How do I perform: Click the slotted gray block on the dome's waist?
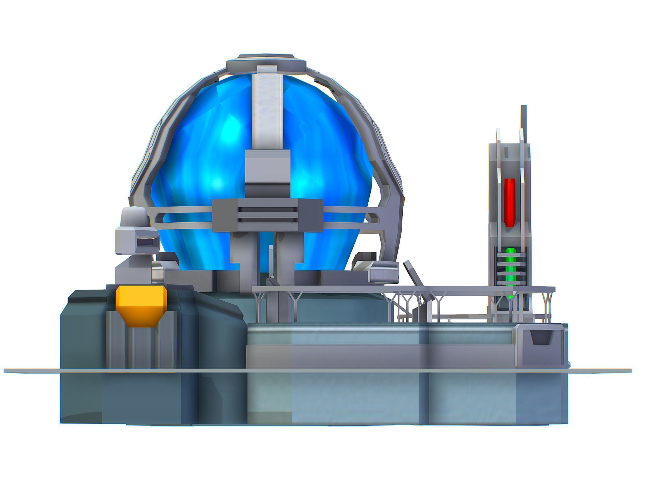[267, 215]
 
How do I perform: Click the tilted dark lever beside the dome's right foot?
[413, 273]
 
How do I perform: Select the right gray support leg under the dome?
[289, 255]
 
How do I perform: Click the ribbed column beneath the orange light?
[141, 346]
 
